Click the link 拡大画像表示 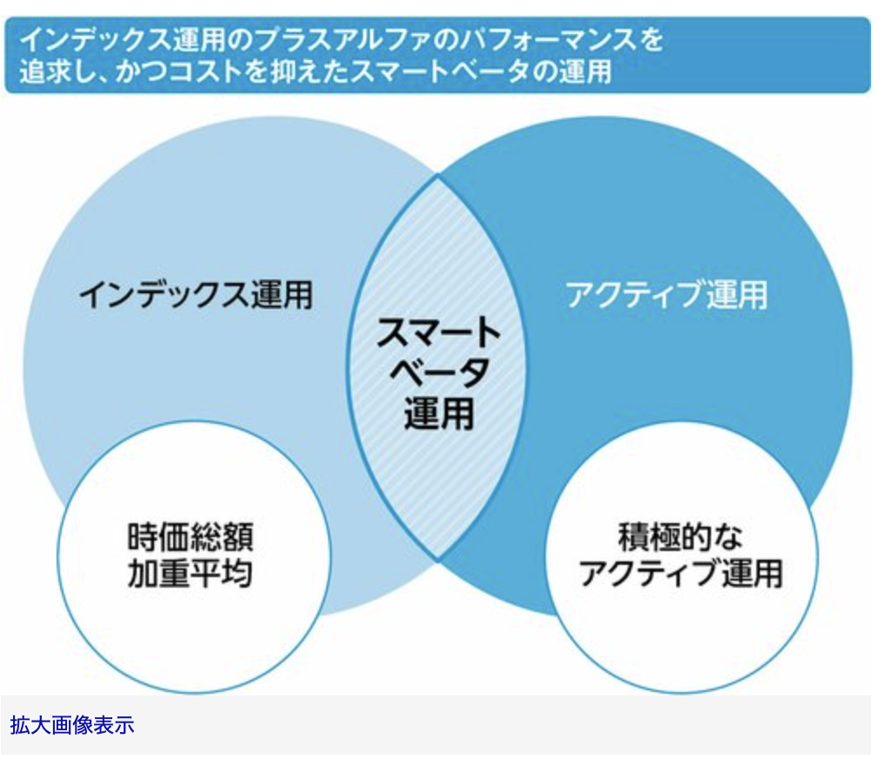click(72, 725)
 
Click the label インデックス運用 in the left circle click(196, 295)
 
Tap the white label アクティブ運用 click(667, 294)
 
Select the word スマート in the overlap click(439, 332)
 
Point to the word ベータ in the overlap click(439, 373)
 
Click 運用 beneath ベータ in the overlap click(439, 413)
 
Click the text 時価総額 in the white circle click(191, 537)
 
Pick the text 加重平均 click(191, 574)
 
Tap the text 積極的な click(681, 537)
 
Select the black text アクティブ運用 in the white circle click(681, 574)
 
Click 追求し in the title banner click(62, 72)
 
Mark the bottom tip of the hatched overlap click(438, 561)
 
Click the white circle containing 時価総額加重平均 click(194, 557)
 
